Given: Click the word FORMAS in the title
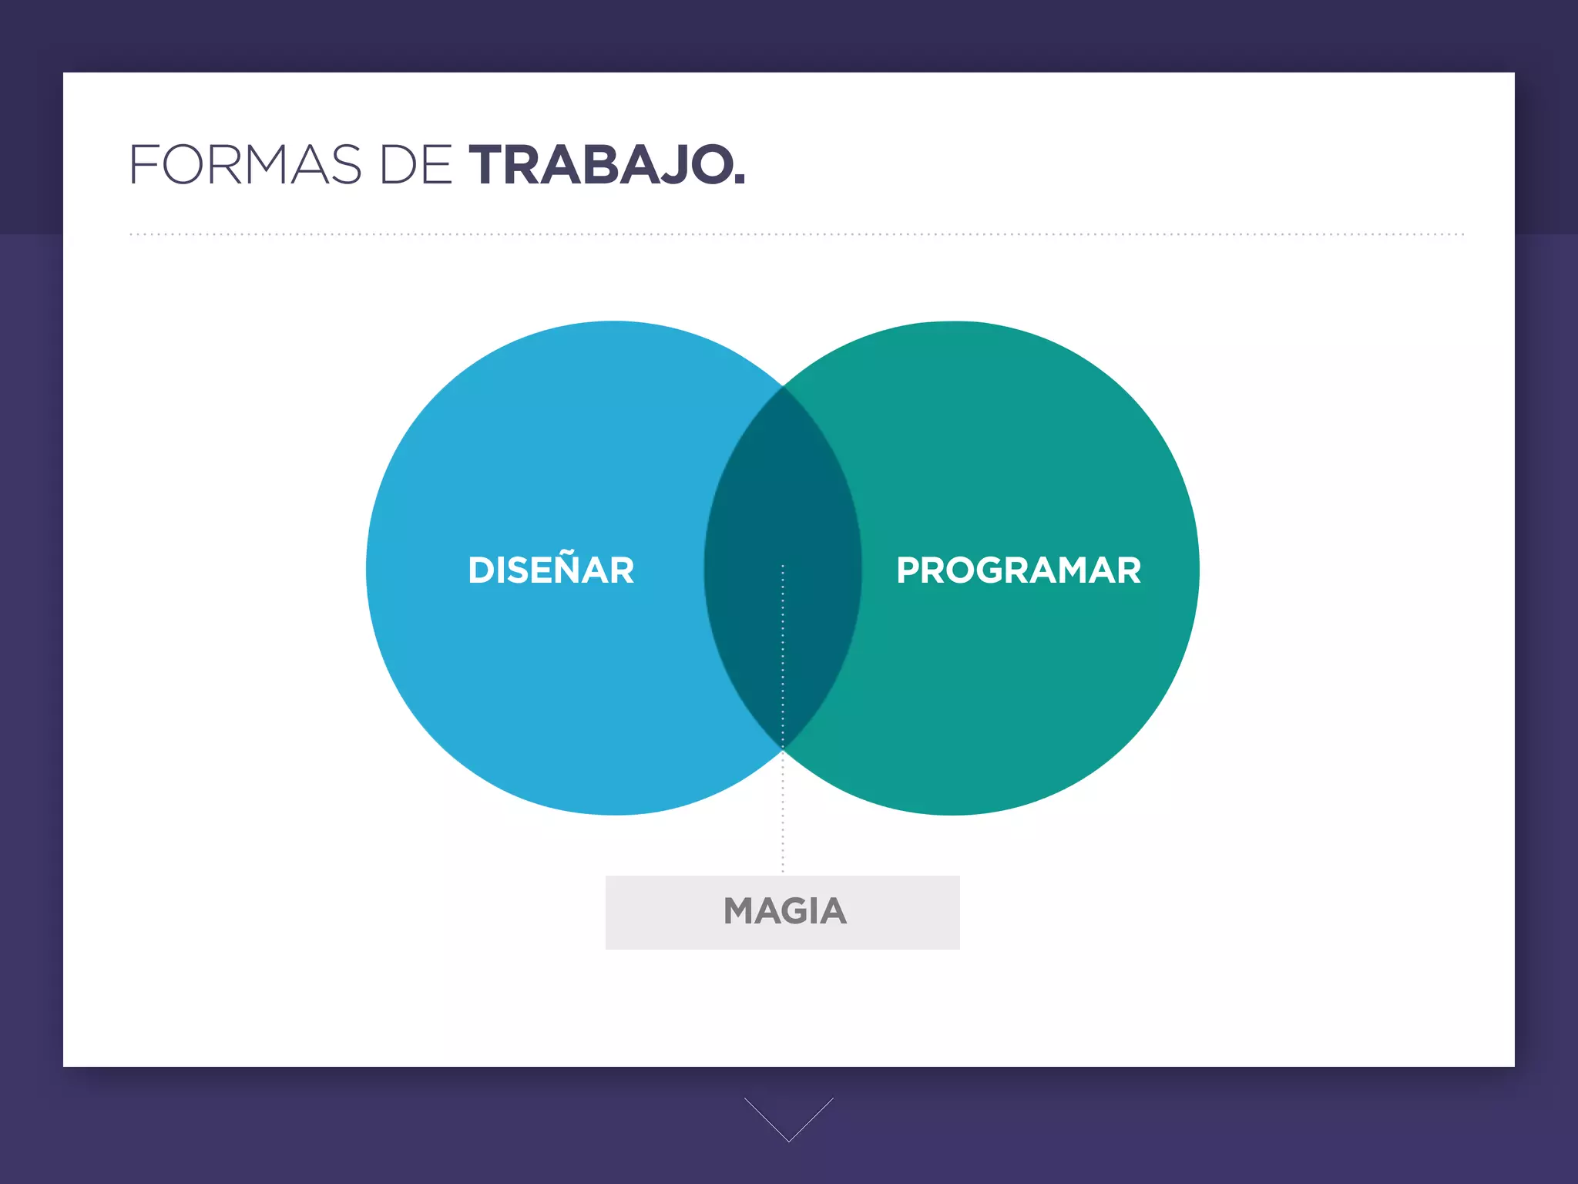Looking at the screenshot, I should pyautogui.click(x=245, y=165).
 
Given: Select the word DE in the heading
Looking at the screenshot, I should pyautogui.click(x=416, y=165).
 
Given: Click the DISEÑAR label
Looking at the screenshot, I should pyautogui.click(x=551, y=570).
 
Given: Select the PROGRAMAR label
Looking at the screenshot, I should pyautogui.click(x=1019, y=570).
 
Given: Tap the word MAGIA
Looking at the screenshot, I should pyautogui.click(x=784, y=911).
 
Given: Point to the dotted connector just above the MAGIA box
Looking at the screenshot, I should pyautogui.click(x=783, y=840).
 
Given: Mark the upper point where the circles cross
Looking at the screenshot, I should pyautogui.click(x=783, y=386).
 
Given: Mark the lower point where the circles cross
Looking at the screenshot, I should pyautogui.click(x=783, y=748).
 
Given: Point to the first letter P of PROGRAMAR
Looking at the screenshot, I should pyautogui.click(x=908, y=570).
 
